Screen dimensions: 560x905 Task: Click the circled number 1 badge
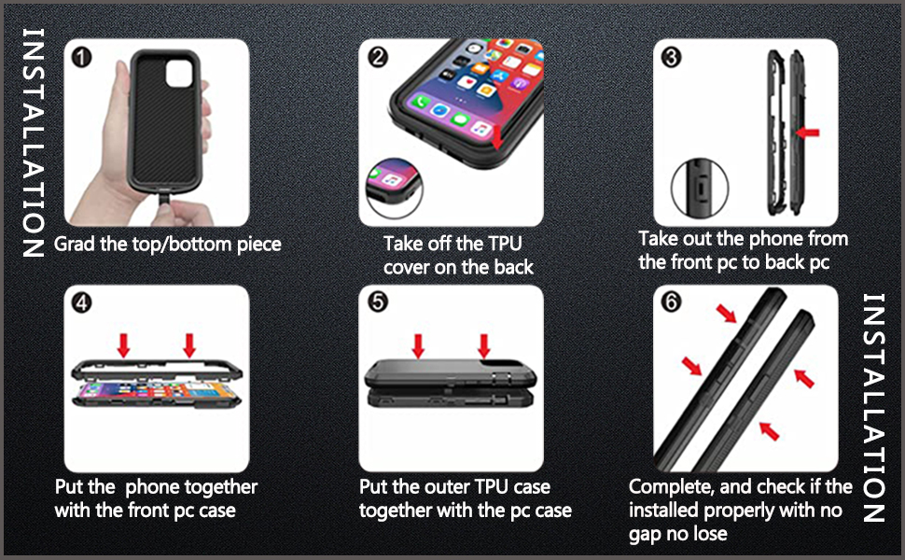click(x=83, y=58)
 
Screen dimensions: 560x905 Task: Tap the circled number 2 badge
click(x=378, y=58)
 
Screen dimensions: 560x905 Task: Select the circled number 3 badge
click(x=672, y=58)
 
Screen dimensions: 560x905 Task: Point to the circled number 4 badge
click(x=83, y=303)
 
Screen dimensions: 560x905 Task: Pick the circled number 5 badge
click(x=378, y=303)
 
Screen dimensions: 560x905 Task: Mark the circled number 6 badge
click(x=672, y=303)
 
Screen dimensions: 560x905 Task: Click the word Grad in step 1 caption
click(x=76, y=245)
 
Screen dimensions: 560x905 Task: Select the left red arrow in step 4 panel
click(x=122, y=345)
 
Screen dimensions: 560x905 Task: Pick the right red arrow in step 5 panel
click(x=483, y=345)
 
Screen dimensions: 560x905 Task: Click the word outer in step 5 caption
click(x=453, y=487)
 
